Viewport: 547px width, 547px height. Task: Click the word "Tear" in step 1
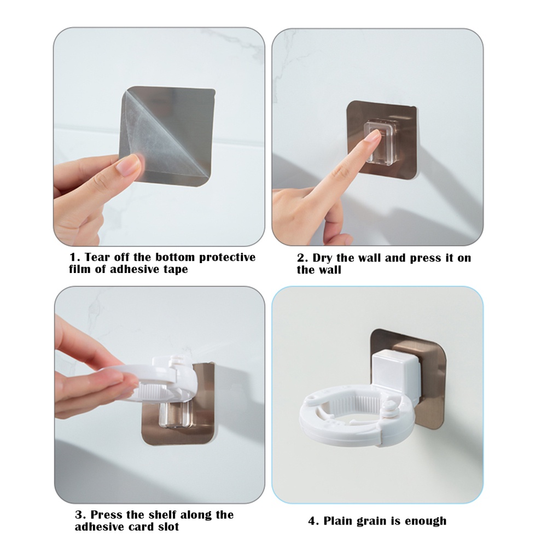click(97, 257)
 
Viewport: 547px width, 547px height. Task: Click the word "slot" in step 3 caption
click(168, 526)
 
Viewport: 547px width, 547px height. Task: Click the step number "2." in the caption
click(302, 258)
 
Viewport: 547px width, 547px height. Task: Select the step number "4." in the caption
click(313, 521)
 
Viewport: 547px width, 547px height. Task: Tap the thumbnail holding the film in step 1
click(128, 164)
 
